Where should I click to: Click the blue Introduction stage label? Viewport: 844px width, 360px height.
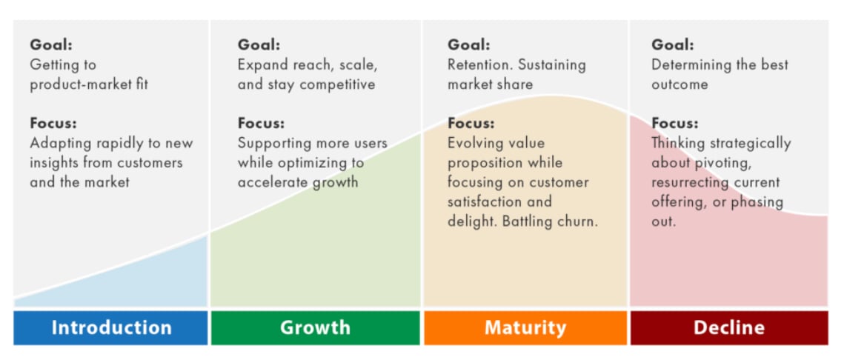pos(110,327)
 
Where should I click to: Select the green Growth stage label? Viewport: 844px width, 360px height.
pos(316,327)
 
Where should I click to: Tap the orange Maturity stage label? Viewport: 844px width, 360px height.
pos(525,327)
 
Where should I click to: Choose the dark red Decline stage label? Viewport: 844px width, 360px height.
pos(729,327)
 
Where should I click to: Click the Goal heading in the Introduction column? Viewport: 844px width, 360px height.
pos(51,44)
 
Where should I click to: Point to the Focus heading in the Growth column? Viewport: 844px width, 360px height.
pos(261,123)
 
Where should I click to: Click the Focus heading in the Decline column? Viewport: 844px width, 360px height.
pos(675,123)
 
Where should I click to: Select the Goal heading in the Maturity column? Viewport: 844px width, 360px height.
pos(469,44)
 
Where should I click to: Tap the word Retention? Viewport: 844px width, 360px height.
pos(480,64)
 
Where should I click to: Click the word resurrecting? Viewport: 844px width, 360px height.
pos(687,183)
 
